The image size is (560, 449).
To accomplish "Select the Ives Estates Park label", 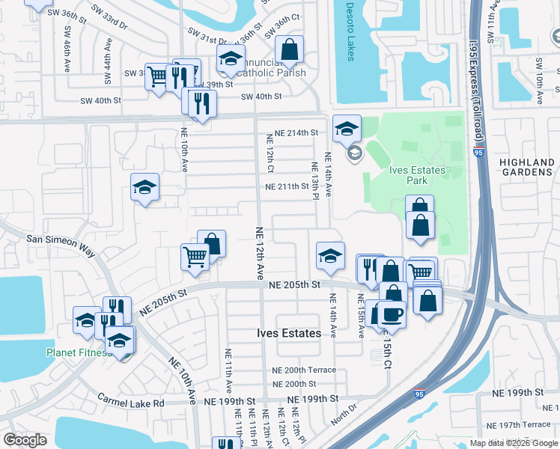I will click(x=418, y=175).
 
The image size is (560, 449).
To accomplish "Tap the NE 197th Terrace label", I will click(x=525, y=424).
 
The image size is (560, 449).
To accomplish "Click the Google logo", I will click(x=25, y=440).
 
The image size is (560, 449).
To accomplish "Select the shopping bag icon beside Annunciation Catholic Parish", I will click(x=289, y=51).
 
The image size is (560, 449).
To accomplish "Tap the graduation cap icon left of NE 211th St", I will click(x=145, y=189).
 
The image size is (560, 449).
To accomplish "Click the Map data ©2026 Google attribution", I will click(x=513, y=443).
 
